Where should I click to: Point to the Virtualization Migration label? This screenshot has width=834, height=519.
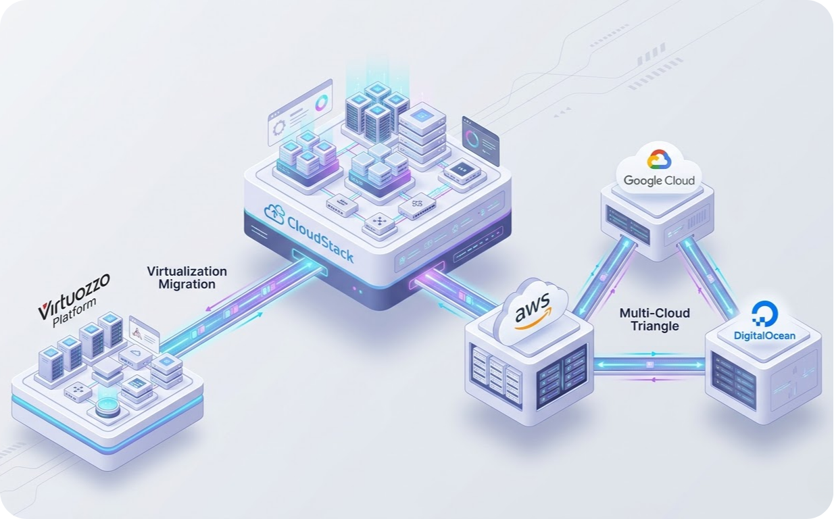187,278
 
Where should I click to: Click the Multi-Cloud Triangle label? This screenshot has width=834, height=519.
654,320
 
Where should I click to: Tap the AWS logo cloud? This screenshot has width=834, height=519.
531,312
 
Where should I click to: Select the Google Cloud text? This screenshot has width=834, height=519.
658,180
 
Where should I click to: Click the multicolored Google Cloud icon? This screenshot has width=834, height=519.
658,159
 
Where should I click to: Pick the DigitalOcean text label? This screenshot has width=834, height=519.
764,335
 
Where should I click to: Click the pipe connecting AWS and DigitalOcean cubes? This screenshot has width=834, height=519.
649,365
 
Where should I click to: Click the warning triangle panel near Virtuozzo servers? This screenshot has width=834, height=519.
144,335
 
